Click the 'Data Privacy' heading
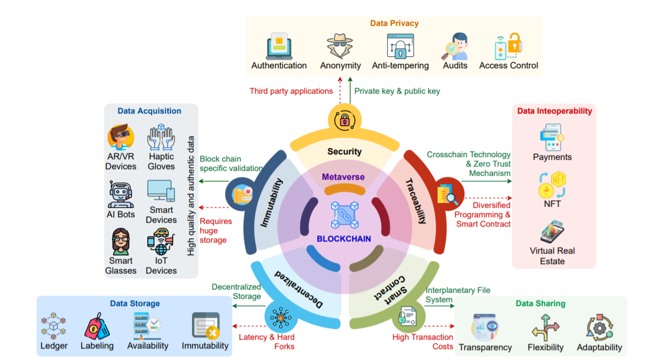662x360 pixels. (x=394, y=23)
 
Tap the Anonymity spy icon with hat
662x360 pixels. (x=340, y=45)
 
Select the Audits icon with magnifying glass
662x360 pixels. (x=455, y=46)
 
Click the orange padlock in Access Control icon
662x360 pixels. (x=515, y=43)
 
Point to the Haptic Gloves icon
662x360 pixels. (x=161, y=137)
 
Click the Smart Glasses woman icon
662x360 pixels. (x=121, y=241)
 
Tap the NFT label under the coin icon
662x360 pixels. (x=552, y=204)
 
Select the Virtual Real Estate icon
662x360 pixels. (x=552, y=232)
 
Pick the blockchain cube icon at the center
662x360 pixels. (x=345, y=215)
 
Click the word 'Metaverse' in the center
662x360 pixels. (x=343, y=177)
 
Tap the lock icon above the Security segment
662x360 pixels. (x=345, y=120)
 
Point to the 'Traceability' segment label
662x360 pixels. (x=416, y=201)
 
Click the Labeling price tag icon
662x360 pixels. (x=97, y=326)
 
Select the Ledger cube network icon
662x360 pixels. (x=54, y=326)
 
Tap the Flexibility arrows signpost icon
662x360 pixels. (x=546, y=328)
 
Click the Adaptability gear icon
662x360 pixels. (x=600, y=327)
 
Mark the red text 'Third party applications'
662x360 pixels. (x=291, y=91)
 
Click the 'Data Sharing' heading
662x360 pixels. (x=541, y=304)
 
